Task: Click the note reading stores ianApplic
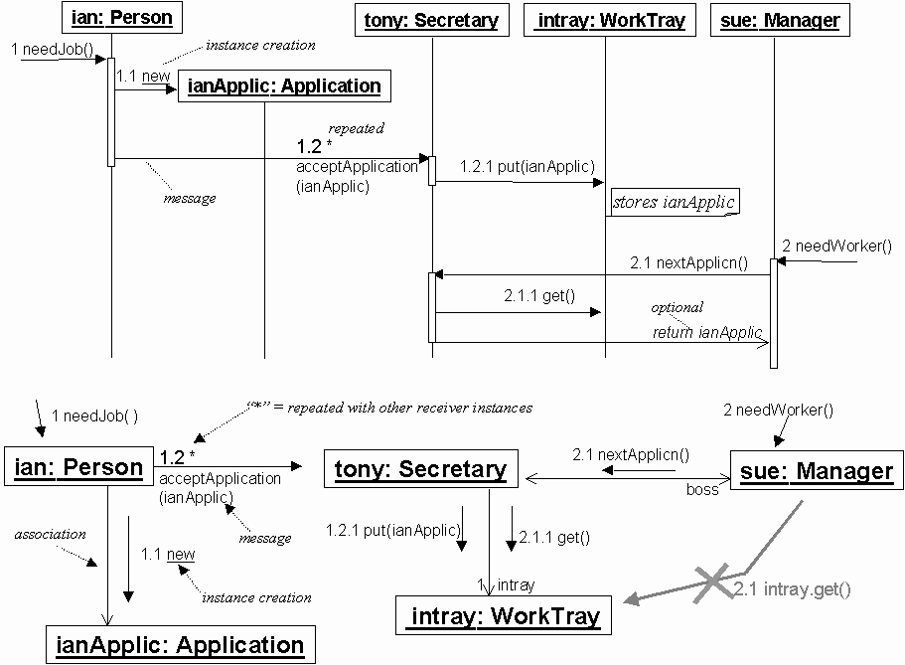point(675,202)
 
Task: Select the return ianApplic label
point(707,332)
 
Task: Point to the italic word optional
point(677,307)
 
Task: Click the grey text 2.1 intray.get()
point(793,589)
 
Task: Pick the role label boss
point(702,490)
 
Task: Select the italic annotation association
point(50,534)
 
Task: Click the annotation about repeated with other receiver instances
point(388,408)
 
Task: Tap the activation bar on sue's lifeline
point(774,313)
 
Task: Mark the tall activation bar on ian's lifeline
point(111,111)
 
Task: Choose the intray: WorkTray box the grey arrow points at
point(504,616)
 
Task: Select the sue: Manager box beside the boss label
point(817,470)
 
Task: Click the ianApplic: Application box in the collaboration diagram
point(179,645)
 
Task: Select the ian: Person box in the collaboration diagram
point(76,467)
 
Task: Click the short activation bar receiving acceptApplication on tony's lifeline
point(432,170)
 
